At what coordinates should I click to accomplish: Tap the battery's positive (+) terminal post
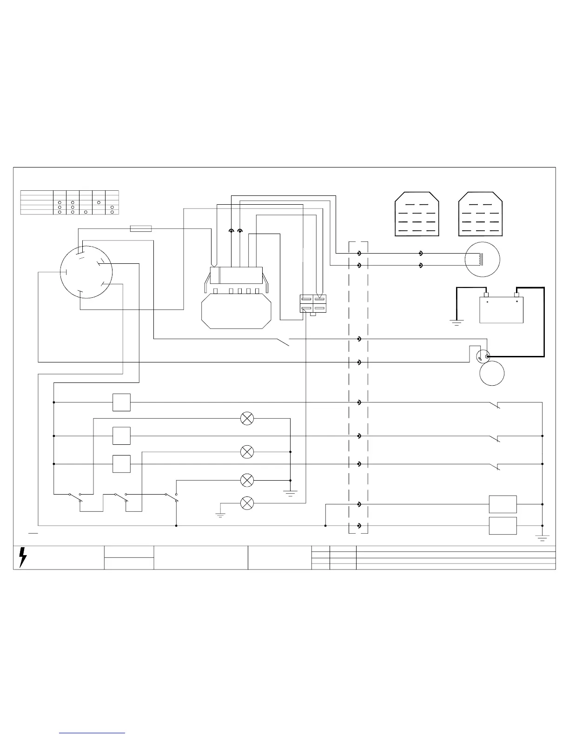coord(516,295)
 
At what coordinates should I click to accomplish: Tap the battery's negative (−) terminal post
coord(487,295)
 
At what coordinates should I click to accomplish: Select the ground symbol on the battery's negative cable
coord(457,322)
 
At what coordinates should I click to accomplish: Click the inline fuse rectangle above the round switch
coord(141,228)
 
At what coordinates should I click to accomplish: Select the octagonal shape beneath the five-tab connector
coord(237,312)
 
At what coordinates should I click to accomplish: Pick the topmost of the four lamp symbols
coord(247,418)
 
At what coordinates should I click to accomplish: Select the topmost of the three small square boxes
coord(121,402)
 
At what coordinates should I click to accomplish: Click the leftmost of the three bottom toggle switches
coord(75,497)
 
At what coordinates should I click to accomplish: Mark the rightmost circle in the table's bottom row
coord(112,212)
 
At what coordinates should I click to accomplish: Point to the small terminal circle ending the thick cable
coord(487,357)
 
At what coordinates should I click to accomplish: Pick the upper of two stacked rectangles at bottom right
coord(503,504)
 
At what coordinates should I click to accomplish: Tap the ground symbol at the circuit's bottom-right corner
coord(542,537)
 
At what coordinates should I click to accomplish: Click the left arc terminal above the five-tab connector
coord(231,230)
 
